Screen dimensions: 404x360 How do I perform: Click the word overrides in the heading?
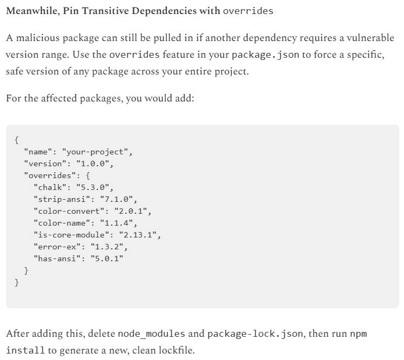pos(248,11)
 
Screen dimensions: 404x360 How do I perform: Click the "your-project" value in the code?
pos(97,152)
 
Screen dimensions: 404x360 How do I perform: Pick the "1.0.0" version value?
pos(95,164)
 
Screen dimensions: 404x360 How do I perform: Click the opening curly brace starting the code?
pos(17,140)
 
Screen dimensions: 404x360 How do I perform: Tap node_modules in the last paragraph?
pos(151,334)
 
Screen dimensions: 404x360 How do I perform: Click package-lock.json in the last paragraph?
pos(257,334)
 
